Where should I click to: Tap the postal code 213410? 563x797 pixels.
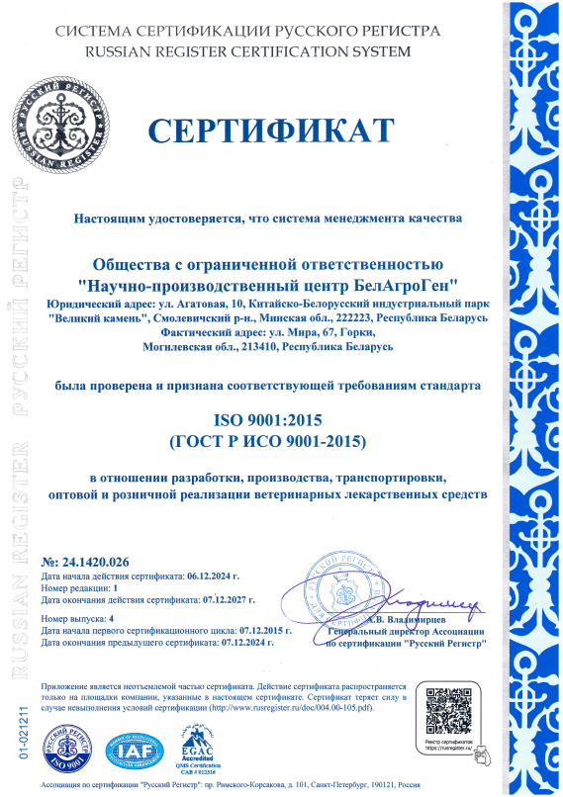[x=252, y=349]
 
